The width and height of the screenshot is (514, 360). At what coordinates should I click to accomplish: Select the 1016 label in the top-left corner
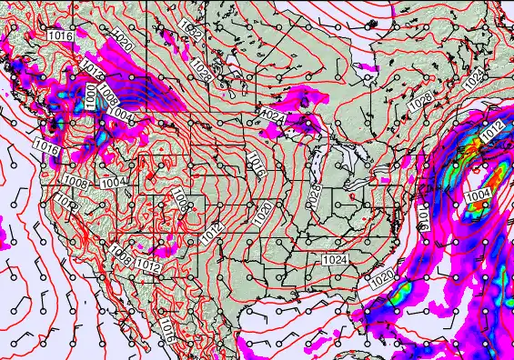pyautogui.click(x=60, y=35)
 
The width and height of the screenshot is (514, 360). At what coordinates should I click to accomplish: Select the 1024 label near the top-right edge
pyautogui.click(x=474, y=80)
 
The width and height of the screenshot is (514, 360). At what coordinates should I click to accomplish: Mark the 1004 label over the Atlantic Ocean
pyautogui.click(x=478, y=195)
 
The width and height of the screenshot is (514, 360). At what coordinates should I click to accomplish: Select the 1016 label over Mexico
pyautogui.click(x=167, y=329)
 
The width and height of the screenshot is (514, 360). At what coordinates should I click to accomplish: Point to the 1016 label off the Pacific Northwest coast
pyautogui.click(x=47, y=145)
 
